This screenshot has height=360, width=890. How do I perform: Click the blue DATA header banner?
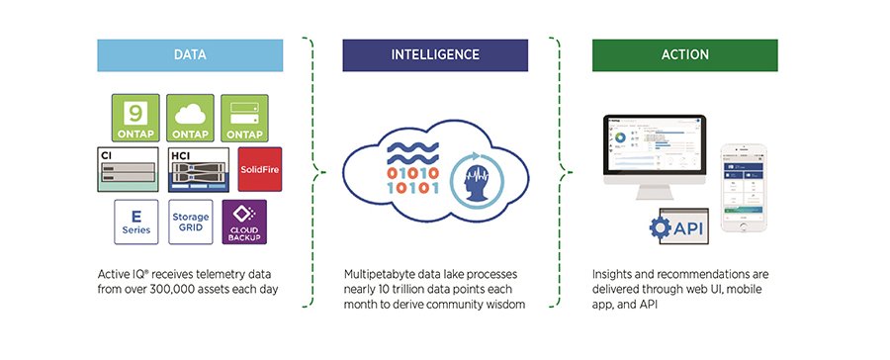tap(191, 55)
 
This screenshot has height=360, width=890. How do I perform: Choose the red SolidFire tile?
tap(260, 169)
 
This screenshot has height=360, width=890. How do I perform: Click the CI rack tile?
tap(130, 170)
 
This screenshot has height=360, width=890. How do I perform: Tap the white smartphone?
tap(745, 188)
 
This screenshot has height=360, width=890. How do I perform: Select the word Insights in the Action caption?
tap(614, 273)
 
